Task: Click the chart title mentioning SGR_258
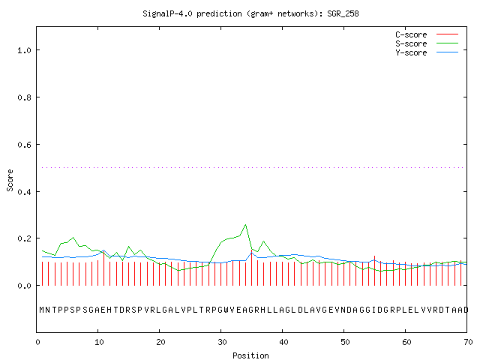[x=250, y=13]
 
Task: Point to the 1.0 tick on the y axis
[x=25, y=50]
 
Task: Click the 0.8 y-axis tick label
[x=25, y=97]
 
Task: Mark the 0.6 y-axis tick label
[x=25, y=145]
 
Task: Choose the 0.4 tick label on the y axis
[x=25, y=192]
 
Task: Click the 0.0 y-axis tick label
[x=25, y=286]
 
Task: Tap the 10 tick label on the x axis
[x=99, y=342]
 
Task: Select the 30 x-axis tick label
[x=222, y=342]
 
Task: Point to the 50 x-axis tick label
[x=345, y=342]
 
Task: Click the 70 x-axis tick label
[x=468, y=342]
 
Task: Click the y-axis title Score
[x=10, y=180]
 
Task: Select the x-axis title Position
[x=250, y=355]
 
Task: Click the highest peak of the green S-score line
[x=245, y=225]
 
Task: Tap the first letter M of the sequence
[x=42, y=310]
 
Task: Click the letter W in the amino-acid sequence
[x=226, y=310]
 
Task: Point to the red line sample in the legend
[x=447, y=34]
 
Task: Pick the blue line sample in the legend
[x=447, y=52]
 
